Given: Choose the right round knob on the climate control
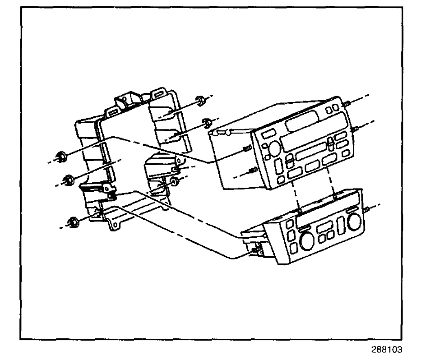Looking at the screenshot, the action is coord(355,221).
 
